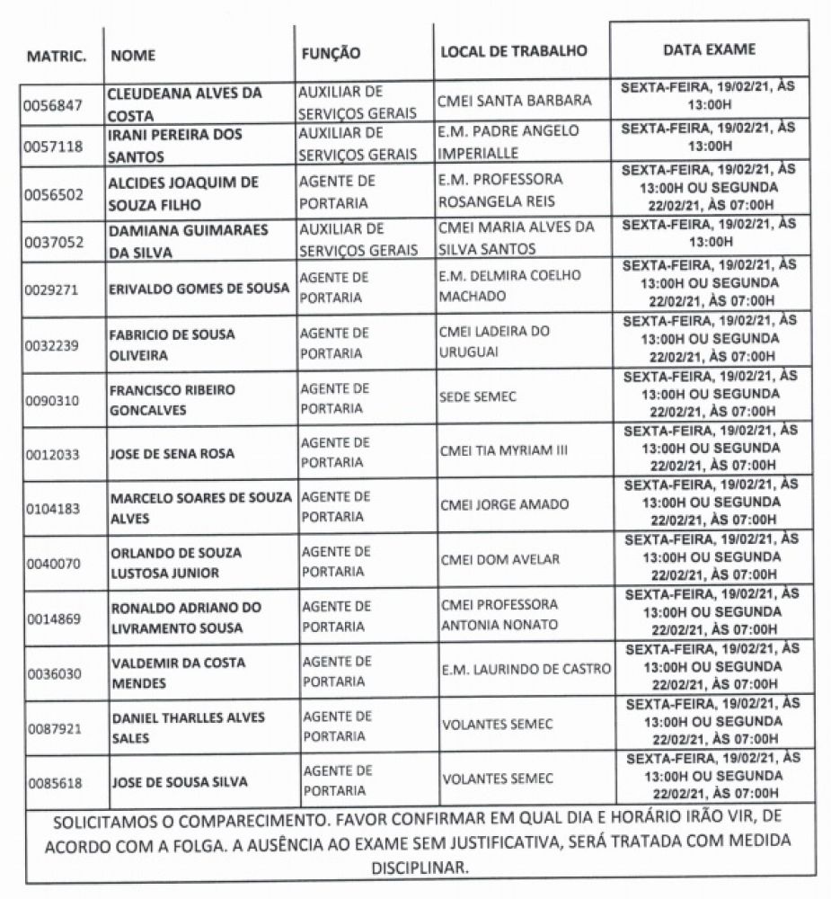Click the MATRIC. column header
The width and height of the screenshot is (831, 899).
57,56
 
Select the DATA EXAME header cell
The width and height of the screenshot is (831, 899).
709,49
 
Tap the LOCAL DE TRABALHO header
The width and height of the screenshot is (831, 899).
513,51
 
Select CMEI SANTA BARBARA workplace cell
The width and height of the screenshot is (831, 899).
515,101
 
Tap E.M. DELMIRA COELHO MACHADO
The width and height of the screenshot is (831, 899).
510,285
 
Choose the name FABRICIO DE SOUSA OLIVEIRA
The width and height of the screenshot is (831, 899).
172,344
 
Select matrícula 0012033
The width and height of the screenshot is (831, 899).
54,454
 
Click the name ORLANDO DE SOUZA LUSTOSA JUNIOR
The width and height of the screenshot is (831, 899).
175,562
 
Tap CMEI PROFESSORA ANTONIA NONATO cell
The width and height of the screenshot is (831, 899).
499,614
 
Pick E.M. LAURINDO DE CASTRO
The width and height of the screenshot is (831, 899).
526,669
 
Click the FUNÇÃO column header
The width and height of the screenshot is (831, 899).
330,54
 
